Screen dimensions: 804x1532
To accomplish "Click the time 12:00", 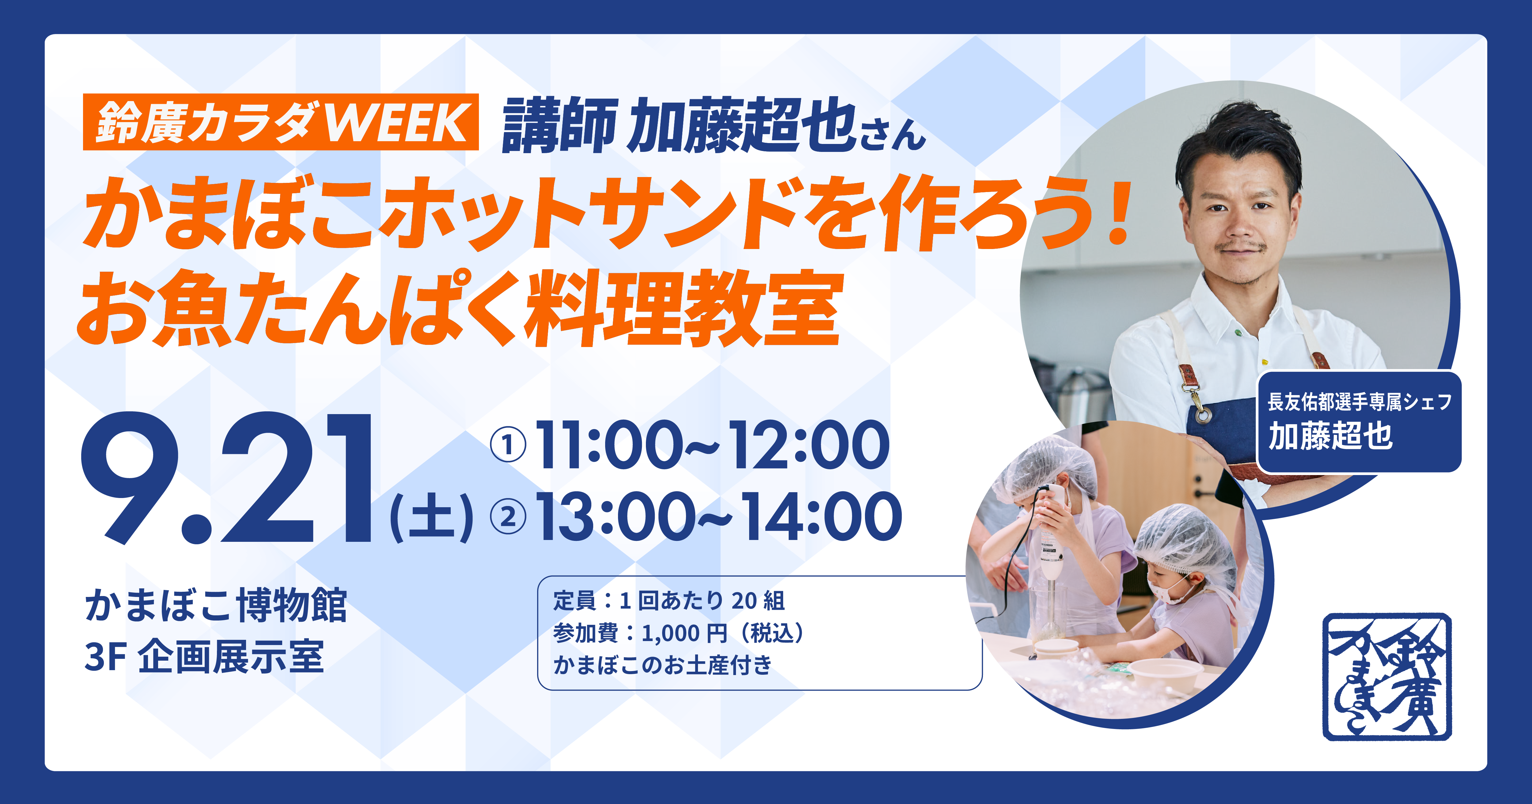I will click(x=809, y=445).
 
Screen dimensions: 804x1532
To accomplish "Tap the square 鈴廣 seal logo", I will click(x=1387, y=677).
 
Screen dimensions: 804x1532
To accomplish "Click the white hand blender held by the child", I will click(x=1052, y=535).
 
